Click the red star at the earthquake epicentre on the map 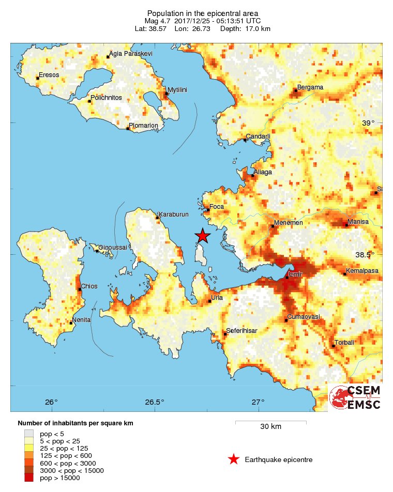203,236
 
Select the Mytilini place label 177,90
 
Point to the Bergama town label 310,87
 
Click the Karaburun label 174,214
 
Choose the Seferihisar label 243,331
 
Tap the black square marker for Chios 80,289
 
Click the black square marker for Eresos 38,79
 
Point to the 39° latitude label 368,123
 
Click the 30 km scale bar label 270,427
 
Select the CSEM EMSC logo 355,398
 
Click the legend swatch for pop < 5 29,434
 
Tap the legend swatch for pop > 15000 29,478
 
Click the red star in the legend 234,459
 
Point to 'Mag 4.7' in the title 157,21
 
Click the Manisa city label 358,222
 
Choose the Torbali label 344,343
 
